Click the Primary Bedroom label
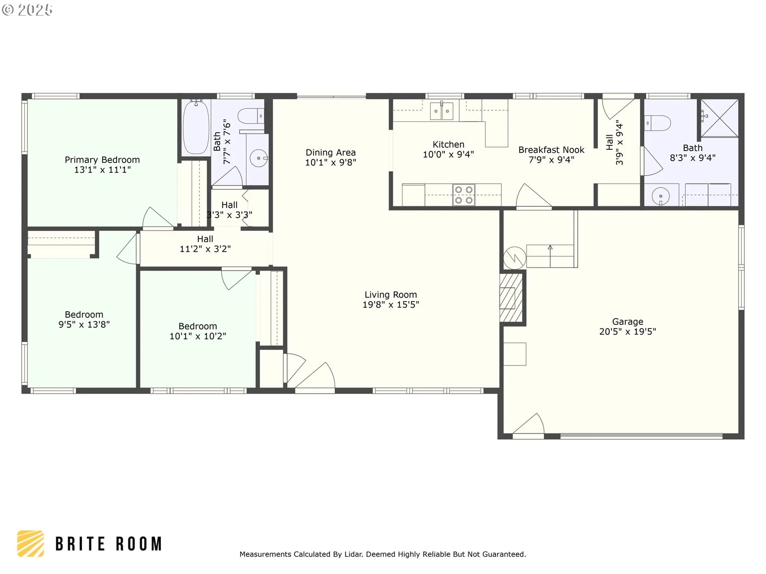(102, 160)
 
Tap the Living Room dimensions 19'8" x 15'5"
(391, 305)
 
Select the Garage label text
(628, 322)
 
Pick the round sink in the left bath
(259, 158)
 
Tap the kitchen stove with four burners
(464, 195)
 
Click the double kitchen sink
(442, 111)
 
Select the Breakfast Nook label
(551, 150)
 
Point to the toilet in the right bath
(657, 123)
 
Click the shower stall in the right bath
(720, 118)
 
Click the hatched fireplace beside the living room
(511, 297)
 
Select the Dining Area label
(331, 153)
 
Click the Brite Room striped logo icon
(30, 543)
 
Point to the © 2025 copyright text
(27, 10)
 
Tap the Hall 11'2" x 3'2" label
(205, 244)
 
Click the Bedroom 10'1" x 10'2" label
(198, 331)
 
